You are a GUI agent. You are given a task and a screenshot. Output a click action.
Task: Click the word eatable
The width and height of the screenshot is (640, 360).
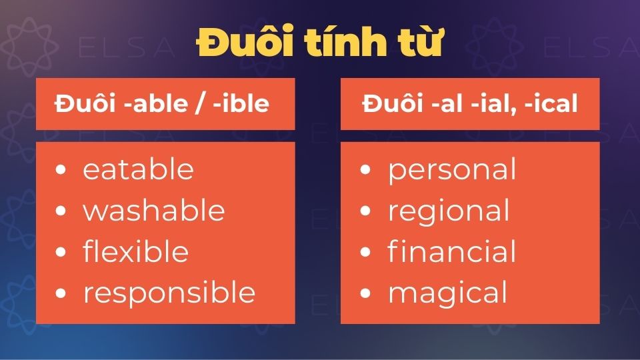pos(139,169)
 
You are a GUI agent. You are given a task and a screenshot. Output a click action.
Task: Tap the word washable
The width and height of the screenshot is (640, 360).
pos(154,210)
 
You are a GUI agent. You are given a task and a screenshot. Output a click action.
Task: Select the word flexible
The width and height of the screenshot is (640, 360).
pos(136,251)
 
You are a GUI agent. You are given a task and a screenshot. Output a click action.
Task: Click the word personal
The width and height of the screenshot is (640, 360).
pos(452,171)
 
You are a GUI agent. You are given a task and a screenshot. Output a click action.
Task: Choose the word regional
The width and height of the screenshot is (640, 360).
pos(449,212)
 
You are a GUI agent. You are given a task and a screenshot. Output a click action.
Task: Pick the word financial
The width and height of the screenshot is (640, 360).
pos(452,251)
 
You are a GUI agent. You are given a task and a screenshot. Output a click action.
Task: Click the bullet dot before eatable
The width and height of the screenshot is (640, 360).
pos(61,169)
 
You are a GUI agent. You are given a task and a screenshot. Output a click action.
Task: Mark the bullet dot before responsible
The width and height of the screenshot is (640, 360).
pos(61,293)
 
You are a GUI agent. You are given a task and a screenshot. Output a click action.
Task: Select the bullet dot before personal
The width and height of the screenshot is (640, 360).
pos(365,169)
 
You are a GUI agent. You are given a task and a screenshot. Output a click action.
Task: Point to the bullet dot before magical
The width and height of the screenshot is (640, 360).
pos(365,293)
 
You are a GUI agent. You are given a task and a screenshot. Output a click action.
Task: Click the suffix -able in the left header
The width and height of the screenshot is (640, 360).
pos(156,103)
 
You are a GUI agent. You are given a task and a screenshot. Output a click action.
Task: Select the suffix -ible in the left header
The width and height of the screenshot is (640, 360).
pos(241,103)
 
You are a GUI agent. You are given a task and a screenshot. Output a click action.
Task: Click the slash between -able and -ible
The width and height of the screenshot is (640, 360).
pos(201,104)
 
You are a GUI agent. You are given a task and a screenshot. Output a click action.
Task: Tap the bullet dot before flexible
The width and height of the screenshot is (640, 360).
pos(61,251)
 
